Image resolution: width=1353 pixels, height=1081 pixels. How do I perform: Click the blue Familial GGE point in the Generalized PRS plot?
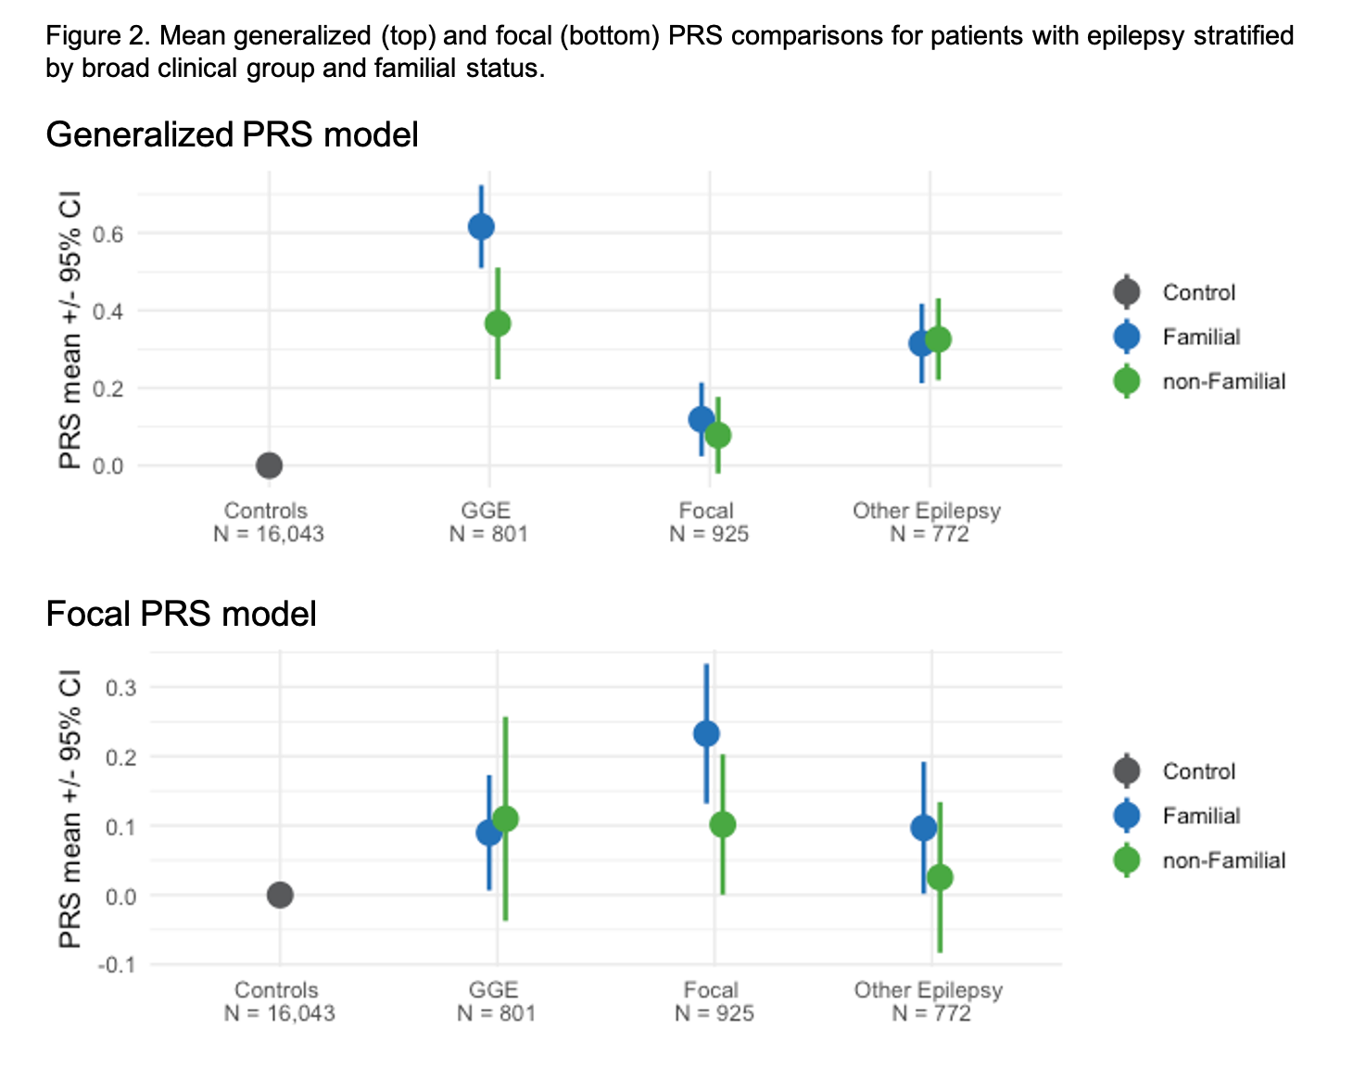click(x=481, y=227)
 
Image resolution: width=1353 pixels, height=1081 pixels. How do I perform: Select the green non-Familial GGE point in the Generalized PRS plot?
click(x=498, y=324)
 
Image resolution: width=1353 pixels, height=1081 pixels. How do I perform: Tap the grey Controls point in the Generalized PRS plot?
click(x=269, y=465)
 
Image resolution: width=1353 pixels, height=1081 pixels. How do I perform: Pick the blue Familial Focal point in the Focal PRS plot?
click(x=706, y=734)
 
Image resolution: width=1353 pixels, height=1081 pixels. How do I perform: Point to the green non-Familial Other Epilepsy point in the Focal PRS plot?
click(x=940, y=877)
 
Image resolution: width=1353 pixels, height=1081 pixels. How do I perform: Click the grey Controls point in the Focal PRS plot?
click(x=280, y=895)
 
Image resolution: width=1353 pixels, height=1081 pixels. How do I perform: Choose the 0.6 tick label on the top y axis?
click(x=107, y=234)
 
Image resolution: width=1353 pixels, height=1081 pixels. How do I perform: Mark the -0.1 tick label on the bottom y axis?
click(x=116, y=964)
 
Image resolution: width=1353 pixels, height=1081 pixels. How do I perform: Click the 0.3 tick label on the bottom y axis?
click(x=120, y=688)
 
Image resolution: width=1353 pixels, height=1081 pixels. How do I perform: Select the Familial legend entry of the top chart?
click(x=1201, y=337)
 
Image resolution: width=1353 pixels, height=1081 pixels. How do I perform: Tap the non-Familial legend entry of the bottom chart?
click(x=1223, y=860)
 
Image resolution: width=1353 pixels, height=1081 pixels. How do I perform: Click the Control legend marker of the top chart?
click(x=1127, y=292)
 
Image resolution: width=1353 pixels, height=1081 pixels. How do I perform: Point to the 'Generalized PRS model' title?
click(x=232, y=135)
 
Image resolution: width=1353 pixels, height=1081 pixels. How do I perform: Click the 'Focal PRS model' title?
click(x=181, y=615)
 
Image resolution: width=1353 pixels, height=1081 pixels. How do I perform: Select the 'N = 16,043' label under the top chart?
click(x=269, y=534)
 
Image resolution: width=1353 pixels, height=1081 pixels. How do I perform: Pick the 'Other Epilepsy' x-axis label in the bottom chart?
click(x=929, y=990)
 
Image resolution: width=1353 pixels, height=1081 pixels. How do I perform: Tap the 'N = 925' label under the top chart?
click(x=709, y=534)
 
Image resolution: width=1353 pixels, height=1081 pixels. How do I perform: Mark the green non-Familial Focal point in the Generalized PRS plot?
click(x=718, y=435)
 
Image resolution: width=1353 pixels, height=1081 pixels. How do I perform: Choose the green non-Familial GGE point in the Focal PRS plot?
click(x=505, y=819)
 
